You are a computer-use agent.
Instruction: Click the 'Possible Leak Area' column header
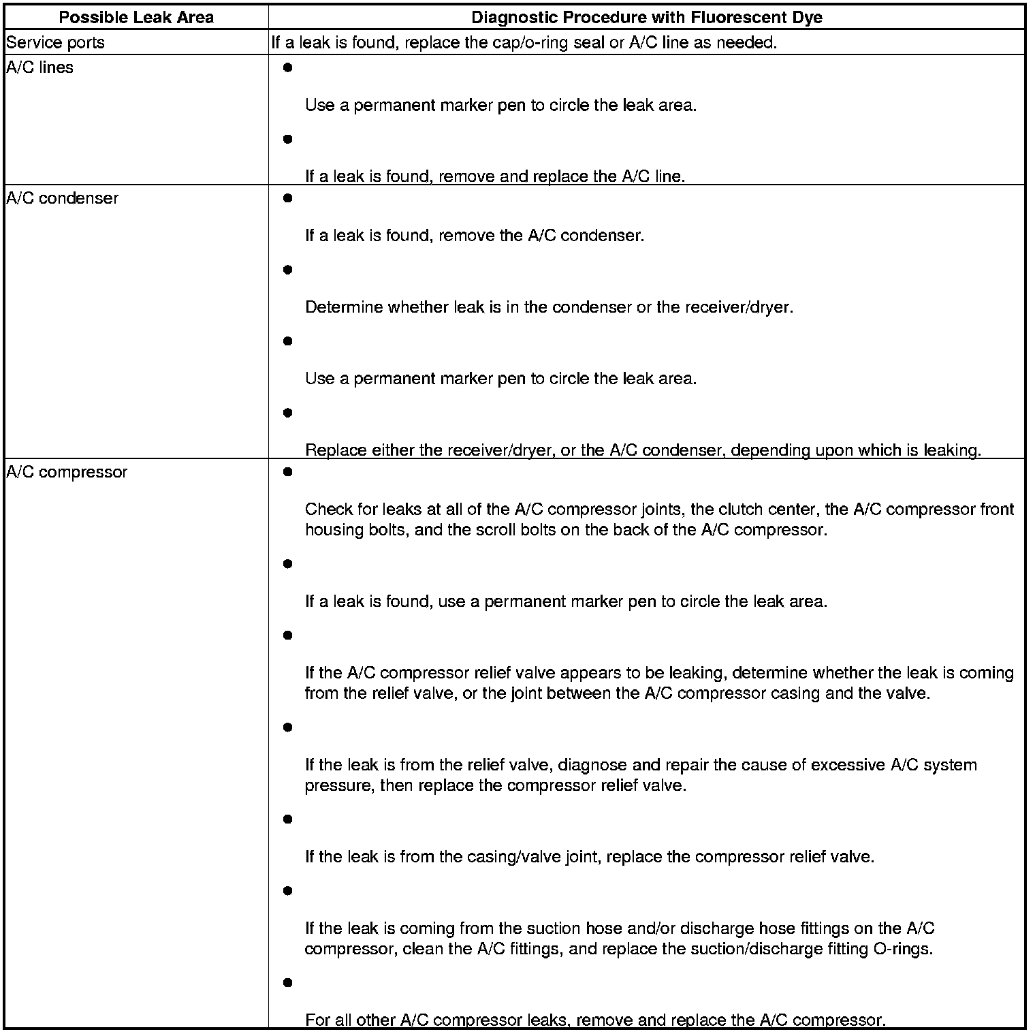[x=136, y=17]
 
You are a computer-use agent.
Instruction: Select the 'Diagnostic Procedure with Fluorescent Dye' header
[x=646, y=17]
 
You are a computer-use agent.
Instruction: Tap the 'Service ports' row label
[x=55, y=43]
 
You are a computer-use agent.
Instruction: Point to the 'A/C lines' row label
[x=39, y=67]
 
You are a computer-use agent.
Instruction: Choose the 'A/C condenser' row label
[x=62, y=198]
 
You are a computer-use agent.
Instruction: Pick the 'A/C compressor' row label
[x=66, y=472]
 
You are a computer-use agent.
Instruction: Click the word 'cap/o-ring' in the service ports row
[x=527, y=43]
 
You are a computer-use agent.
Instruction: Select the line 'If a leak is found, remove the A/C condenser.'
[x=474, y=236]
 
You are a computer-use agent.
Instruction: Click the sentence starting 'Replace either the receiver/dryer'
[x=642, y=450]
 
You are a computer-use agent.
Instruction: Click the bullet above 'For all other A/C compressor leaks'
[x=287, y=983]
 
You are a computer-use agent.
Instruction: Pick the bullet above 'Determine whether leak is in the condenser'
[x=287, y=270]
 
